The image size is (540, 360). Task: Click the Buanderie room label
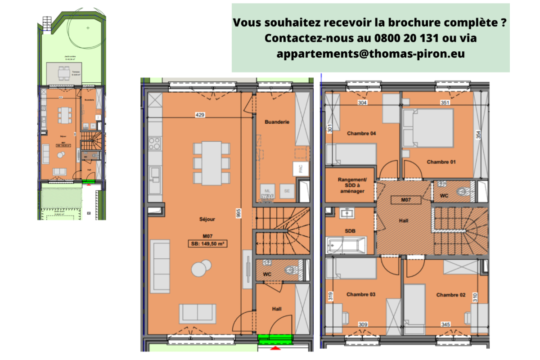[277, 122]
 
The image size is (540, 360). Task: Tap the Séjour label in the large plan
[207, 220]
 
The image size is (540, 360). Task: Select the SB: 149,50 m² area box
[207, 244]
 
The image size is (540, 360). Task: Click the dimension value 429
[200, 115]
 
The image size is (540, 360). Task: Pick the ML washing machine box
[268, 191]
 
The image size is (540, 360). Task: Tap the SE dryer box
[287, 191]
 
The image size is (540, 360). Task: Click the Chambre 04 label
[361, 134]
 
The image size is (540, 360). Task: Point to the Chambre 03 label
[361, 294]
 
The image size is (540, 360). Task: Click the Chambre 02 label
[450, 295]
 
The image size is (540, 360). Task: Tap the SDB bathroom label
[350, 231]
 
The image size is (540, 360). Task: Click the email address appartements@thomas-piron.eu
[370, 54]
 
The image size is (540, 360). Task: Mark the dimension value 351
[445, 103]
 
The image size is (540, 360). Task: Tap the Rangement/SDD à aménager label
[352, 185]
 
